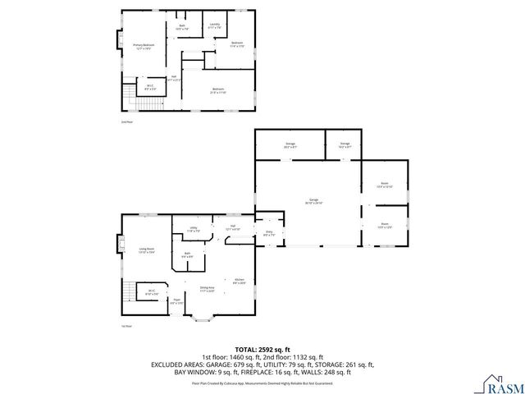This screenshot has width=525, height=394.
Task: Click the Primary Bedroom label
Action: pos(144,47)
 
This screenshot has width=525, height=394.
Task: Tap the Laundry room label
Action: pos(215,26)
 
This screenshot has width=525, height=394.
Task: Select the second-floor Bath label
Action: pos(182,27)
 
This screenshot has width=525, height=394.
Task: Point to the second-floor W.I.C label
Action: pos(150,87)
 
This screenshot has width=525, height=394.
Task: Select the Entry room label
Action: pos(267,234)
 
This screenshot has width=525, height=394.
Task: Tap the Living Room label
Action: pos(147,250)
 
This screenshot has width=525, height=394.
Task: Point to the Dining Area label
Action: pos(207,289)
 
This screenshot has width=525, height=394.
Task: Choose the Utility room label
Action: pos(192,230)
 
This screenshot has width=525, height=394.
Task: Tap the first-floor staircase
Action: pos(129,293)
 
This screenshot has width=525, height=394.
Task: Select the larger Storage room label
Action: pos(290,145)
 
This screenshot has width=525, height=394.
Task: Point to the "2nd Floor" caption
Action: pos(126,121)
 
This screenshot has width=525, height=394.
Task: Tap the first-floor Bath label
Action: pos(188,255)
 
